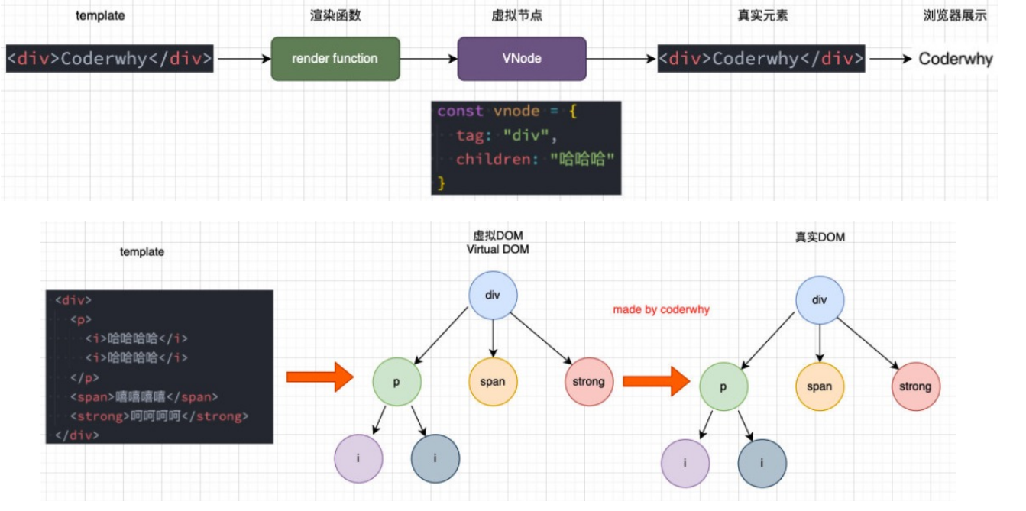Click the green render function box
tap(335, 58)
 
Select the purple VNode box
tap(522, 58)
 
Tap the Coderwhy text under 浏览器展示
tap(955, 59)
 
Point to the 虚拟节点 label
tap(522, 15)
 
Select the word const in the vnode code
tap(460, 112)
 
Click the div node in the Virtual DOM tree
tap(493, 295)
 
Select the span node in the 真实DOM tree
tap(820, 386)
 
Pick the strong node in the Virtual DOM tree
tap(588, 381)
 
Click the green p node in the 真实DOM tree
tap(723, 386)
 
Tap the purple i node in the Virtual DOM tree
tap(359, 458)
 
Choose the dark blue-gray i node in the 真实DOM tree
tap(762, 463)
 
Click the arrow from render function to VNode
tap(429, 58)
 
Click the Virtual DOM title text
tap(498, 249)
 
